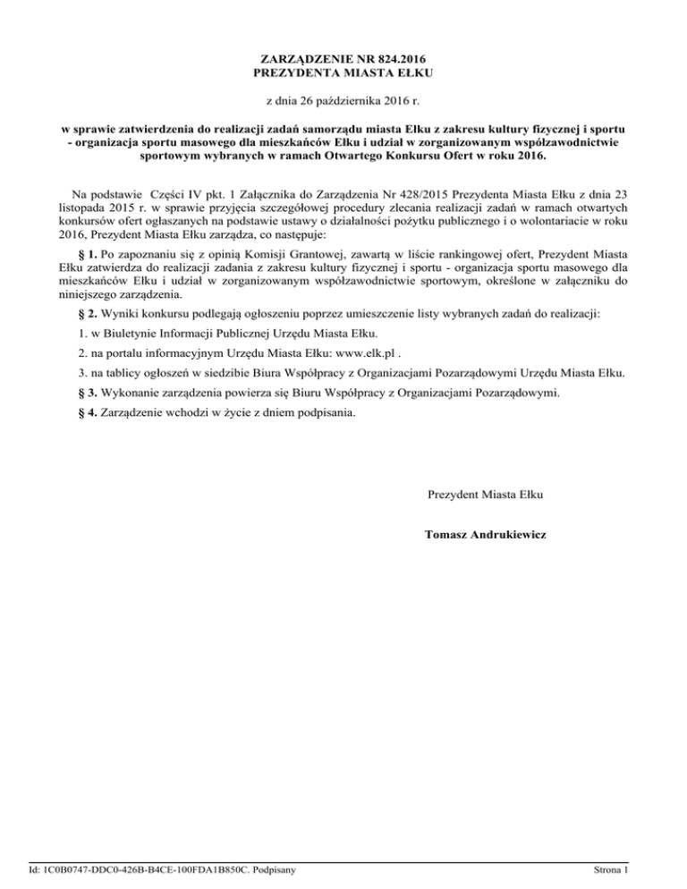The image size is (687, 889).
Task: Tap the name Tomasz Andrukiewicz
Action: tap(488, 535)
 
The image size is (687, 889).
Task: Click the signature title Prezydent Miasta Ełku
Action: tap(487, 494)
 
